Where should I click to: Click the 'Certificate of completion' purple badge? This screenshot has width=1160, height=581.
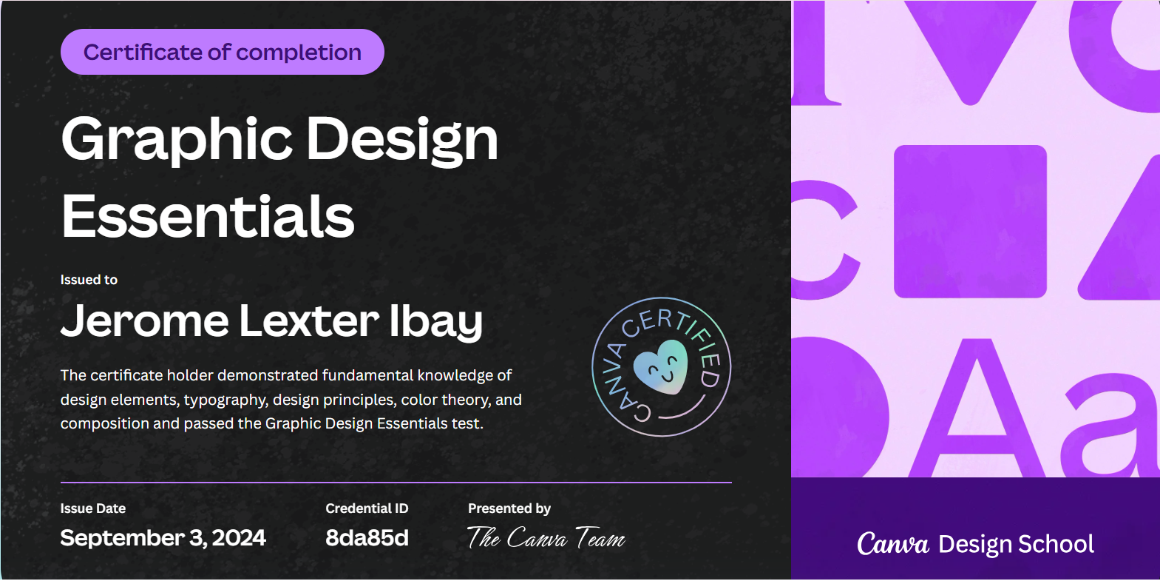tap(222, 52)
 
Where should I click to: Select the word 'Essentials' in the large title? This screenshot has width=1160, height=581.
tap(208, 216)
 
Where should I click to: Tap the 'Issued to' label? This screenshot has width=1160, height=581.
tap(89, 280)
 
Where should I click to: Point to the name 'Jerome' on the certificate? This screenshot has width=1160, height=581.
tap(145, 321)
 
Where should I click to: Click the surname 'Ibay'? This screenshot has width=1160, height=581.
tap(435, 321)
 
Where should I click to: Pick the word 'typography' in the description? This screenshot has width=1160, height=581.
tap(225, 400)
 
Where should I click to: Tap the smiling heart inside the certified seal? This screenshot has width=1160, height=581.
tap(661, 366)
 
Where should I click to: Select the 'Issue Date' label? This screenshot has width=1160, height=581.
tap(93, 508)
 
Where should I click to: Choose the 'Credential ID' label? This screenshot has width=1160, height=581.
tap(367, 508)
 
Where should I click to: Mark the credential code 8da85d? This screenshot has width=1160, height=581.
tap(367, 538)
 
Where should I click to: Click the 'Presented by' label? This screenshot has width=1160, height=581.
tap(509, 508)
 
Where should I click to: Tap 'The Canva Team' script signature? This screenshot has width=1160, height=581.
tap(546, 538)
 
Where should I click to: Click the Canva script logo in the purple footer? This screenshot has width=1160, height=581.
tap(892, 544)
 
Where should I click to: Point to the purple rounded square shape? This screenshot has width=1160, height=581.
tap(970, 221)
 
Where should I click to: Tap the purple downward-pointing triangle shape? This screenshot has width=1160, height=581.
tap(970, 44)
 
